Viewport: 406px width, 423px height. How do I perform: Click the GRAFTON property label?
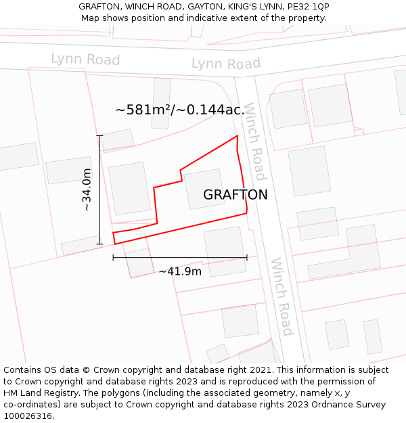[235, 195]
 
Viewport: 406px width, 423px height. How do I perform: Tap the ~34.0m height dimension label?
[87, 190]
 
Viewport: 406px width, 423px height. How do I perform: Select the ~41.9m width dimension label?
[180, 271]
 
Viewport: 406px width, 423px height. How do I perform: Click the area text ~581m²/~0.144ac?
[179, 110]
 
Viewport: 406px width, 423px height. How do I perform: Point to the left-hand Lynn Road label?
[85, 60]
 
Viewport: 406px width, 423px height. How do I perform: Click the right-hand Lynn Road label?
[225, 64]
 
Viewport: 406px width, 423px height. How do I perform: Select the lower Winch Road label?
[281, 296]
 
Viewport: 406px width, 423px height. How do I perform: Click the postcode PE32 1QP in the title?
[308, 6]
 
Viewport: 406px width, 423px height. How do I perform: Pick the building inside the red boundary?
[204, 189]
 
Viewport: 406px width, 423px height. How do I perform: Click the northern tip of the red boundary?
[237, 137]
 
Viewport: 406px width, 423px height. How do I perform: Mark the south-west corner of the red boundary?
[114, 243]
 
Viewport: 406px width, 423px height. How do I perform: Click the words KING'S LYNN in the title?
[256, 6]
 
